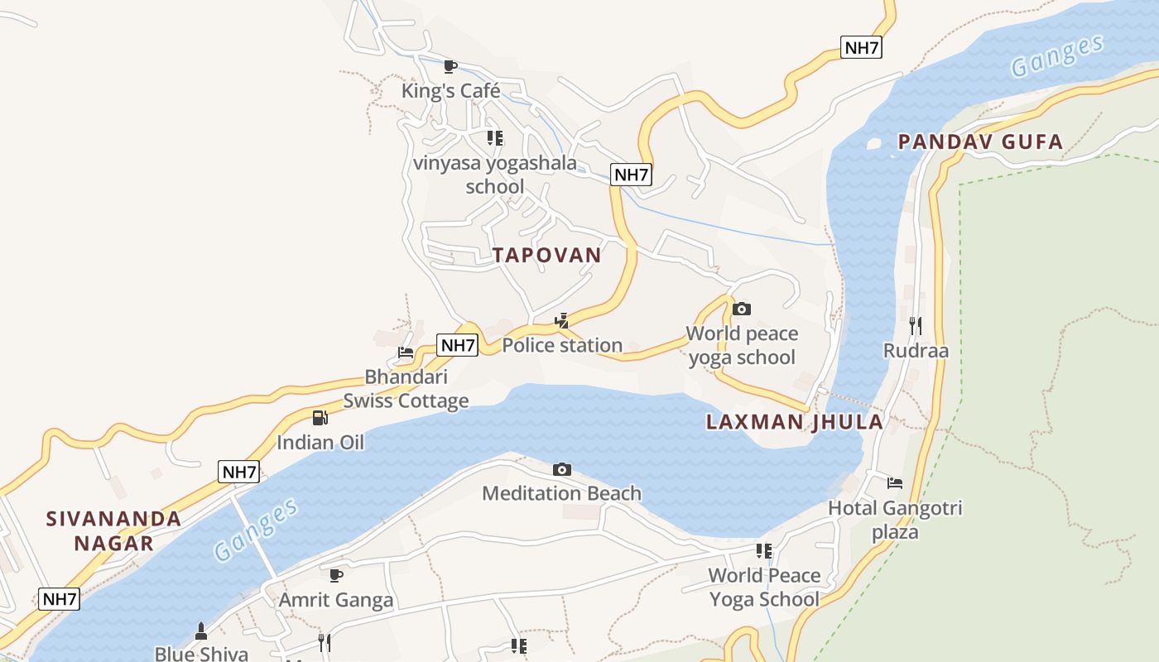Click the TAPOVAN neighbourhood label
pos(546,255)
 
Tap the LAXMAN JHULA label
pos(794,422)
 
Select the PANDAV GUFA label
pos(980,142)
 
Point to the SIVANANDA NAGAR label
pos(113,530)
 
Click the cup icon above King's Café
pos(450,66)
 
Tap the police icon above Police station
pos(562,321)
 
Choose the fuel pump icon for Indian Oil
pos(320,418)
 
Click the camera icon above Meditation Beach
pos(562,469)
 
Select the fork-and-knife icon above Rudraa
pos(915,325)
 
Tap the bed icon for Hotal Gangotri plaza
pos(895,483)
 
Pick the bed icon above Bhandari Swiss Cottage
pos(406,353)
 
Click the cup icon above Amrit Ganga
pos(335,574)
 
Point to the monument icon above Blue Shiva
pos(200,631)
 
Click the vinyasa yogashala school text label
pos(495,175)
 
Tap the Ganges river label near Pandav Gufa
pos(1057,55)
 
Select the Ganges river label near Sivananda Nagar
pos(256,530)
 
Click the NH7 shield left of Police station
pos(458,346)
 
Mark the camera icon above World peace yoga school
pos(742,309)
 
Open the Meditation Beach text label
pos(561,493)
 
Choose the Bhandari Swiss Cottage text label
pos(406,389)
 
